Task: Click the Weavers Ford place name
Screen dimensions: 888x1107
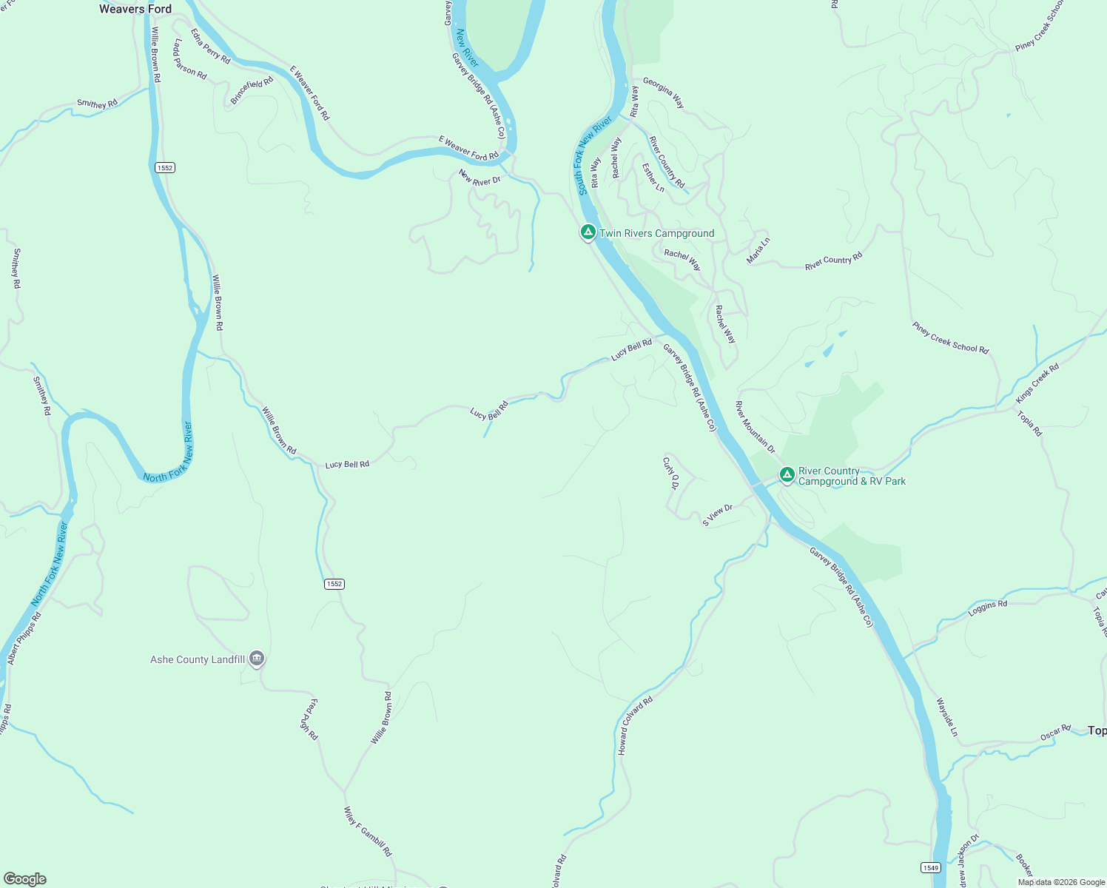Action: tap(135, 9)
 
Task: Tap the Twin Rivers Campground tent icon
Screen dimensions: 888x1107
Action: tap(588, 232)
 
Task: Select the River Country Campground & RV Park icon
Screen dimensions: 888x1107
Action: tap(787, 474)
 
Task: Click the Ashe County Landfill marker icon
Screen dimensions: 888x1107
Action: tap(257, 658)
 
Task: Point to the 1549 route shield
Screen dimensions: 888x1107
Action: tap(931, 867)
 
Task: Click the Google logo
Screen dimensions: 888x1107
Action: tap(25, 879)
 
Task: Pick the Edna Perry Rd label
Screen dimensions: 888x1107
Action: tap(210, 46)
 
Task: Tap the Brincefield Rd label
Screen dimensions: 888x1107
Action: tap(252, 90)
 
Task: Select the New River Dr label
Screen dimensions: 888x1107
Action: tap(480, 178)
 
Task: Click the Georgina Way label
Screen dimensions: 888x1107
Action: tap(664, 92)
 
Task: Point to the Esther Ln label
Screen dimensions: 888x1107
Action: tap(653, 178)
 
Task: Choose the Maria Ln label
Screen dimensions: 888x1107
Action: tap(758, 250)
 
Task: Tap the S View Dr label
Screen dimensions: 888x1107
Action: tap(717, 515)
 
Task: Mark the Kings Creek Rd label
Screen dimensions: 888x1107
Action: tap(1037, 383)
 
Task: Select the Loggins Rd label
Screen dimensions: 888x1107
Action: tap(988, 608)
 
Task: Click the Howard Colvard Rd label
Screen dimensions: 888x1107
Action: tap(635, 726)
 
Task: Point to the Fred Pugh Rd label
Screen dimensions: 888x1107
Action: tap(309, 719)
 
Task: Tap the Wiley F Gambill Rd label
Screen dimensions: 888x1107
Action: tap(368, 832)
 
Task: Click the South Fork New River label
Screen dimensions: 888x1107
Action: tap(594, 155)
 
